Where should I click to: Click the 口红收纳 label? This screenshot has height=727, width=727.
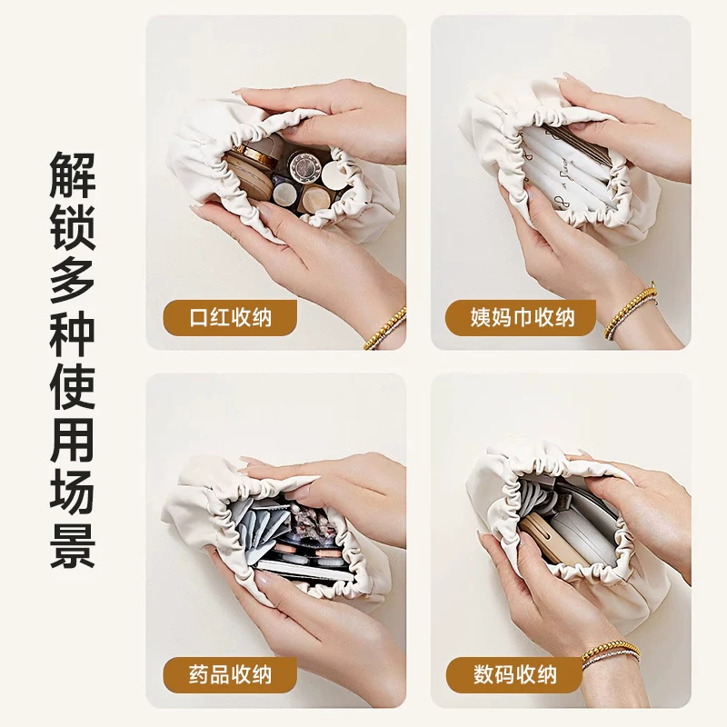click(230, 317)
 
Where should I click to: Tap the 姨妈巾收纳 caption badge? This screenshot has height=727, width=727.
click(520, 317)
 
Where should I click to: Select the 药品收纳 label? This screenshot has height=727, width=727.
click(230, 674)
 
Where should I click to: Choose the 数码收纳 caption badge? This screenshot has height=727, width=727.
click(514, 674)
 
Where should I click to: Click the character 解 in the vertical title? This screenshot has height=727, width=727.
click(73, 175)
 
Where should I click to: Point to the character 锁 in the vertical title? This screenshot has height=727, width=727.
click(73, 228)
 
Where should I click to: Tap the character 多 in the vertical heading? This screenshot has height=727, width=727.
click(73, 280)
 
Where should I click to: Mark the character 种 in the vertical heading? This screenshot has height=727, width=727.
click(73, 333)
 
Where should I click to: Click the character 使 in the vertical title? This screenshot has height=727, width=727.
click(73, 385)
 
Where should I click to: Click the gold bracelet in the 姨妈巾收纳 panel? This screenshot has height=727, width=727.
click(631, 310)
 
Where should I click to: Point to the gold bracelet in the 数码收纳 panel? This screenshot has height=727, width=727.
click(611, 652)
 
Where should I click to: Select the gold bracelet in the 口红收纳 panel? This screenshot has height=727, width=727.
click(385, 329)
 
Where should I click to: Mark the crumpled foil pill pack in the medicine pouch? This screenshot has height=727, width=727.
click(308, 523)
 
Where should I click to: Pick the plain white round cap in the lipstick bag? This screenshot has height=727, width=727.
click(334, 174)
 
